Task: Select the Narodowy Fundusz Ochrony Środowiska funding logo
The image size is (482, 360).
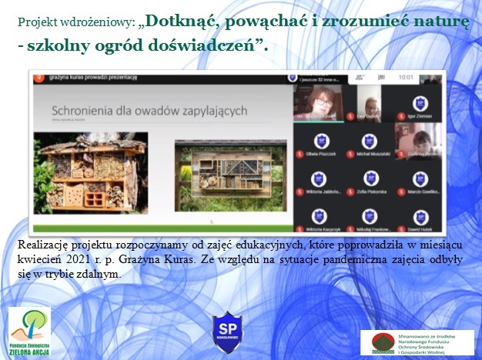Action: pyautogui.click(x=416, y=342)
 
